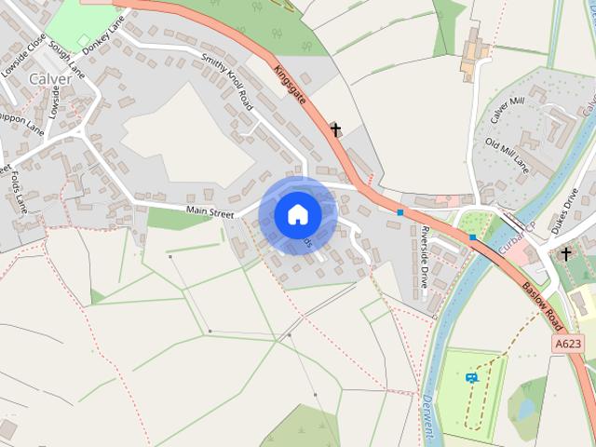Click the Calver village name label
pyautogui.click(x=50, y=79)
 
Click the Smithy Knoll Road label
pyautogui.click(x=226, y=81)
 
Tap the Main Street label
pyautogui.click(x=210, y=212)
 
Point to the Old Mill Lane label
pyautogui.click(x=507, y=155)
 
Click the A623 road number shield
pyautogui.click(x=568, y=345)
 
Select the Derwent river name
pyautogui.click(x=427, y=420)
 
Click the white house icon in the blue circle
pyautogui.click(x=297, y=214)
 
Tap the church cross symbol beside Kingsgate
pyautogui.click(x=336, y=129)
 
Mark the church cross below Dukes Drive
pyautogui.click(x=565, y=253)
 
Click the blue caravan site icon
pyautogui.click(x=471, y=377)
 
